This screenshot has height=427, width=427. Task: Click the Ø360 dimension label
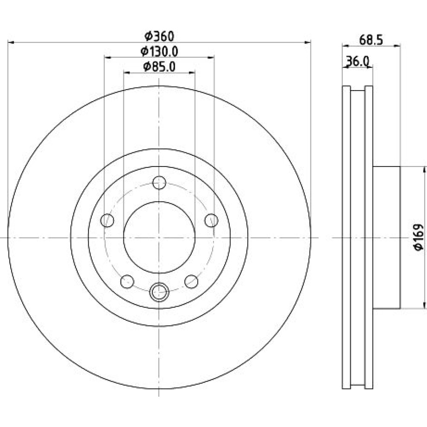click(x=159, y=36)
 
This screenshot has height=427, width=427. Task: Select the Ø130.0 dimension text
click(x=159, y=52)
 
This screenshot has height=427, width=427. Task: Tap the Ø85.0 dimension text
click(x=159, y=67)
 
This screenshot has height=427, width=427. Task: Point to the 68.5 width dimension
click(x=371, y=40)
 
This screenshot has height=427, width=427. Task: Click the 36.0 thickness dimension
click(x=357, y=61)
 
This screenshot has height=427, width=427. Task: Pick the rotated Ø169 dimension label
click(x=418, y=237)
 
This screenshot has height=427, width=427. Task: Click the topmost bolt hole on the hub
click(x=159, y=182)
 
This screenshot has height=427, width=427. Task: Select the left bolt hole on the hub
click(x=107, y=220)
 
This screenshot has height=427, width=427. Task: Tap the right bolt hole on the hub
click(x=211, y=220)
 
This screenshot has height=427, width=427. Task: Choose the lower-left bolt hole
click(x=127, y=281)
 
